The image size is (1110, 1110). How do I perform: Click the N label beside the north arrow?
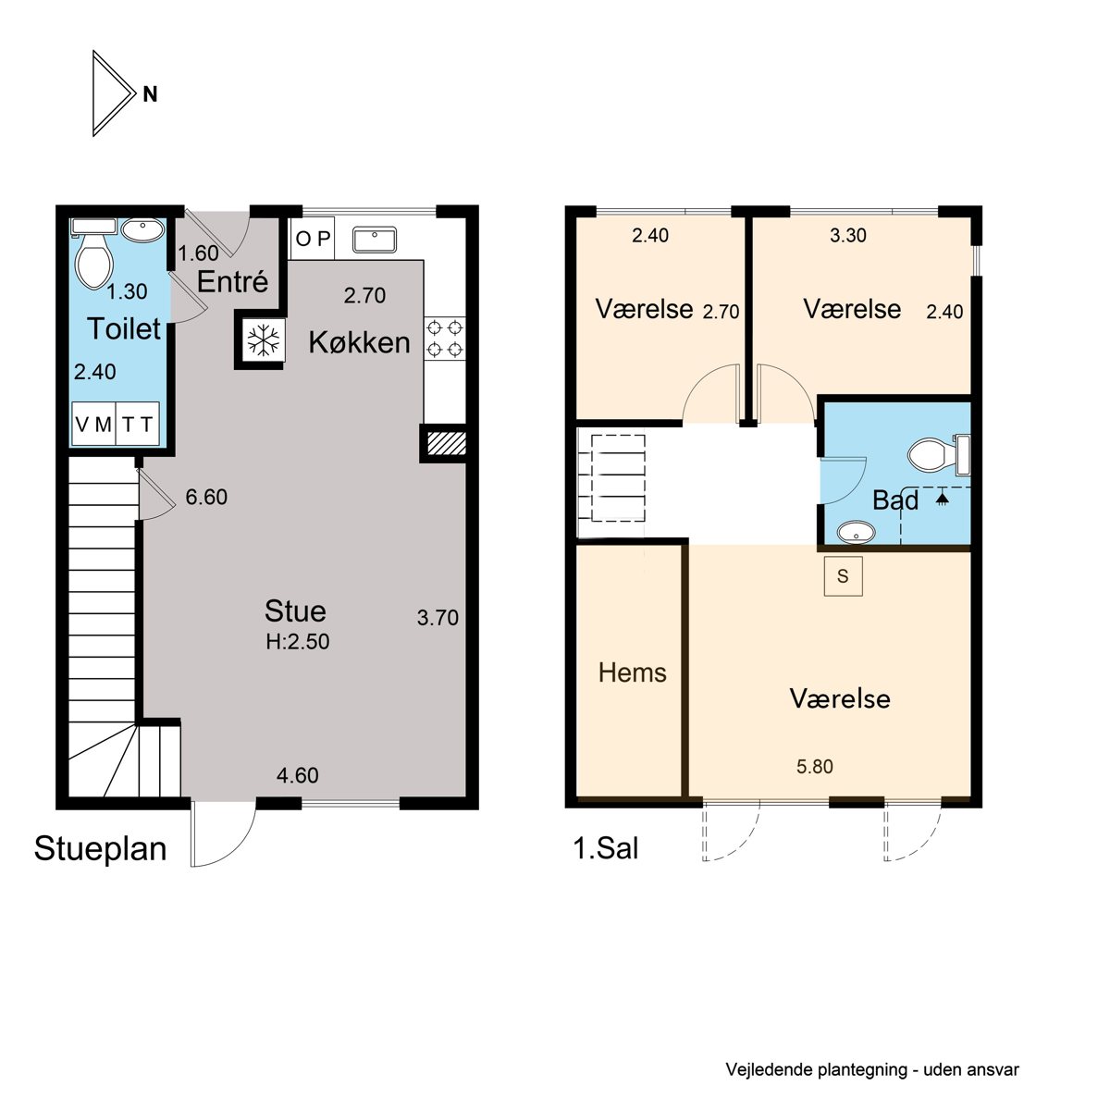[x=150, y=94]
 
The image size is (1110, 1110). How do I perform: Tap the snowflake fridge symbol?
[x=264, y=339]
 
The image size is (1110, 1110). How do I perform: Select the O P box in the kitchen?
[x=313, y=238]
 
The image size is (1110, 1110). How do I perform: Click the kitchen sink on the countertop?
[x=375, y=239]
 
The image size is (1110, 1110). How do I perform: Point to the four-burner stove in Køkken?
[x=445, y=339]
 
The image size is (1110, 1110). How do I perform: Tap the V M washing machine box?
[x=93, y=425]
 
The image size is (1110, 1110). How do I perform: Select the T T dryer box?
[x=138, y=425]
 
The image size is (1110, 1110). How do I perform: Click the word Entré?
[x=232, y=282]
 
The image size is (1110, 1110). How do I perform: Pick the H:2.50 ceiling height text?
[x=297, y=642]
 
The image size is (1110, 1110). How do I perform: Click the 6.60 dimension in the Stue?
[x=206, y=497]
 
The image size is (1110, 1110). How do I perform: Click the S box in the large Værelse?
[x=843, y=576]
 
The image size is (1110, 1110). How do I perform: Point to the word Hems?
[x=633, y=672]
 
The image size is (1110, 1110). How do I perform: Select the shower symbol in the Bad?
[x=942, y=498]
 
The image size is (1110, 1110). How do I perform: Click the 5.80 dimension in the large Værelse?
[x=815, y=766]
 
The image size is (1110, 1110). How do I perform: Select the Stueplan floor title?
[x=100, y=849]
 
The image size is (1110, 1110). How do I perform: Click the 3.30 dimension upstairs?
[x=848, y=235]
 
